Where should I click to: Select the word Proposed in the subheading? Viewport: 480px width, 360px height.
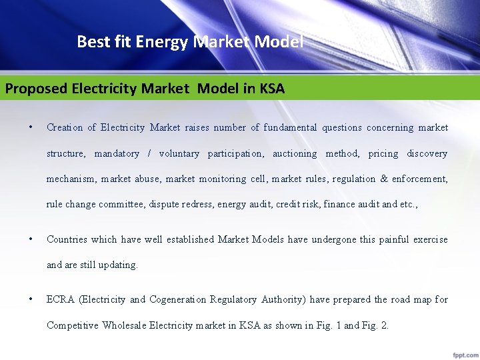pyautogui.click(x=35, y=89)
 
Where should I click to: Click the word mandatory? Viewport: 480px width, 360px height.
pyautogui.click(x=117, y=153)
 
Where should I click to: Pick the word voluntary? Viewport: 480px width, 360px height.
pyautogui.click(x=179, y=153)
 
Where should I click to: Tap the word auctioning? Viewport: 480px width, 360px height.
pyautogui.click(x=295, y=153)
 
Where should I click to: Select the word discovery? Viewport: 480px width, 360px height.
pyautogui.click(x=427, y=153)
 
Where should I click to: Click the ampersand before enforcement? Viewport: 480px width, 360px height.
pyautogui.click(x=384, y=179)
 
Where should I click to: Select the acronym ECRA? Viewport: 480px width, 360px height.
pyautogui.click(x=60, y=299)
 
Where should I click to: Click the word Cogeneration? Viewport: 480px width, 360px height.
pyautogui.click(x=177, y=299)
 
